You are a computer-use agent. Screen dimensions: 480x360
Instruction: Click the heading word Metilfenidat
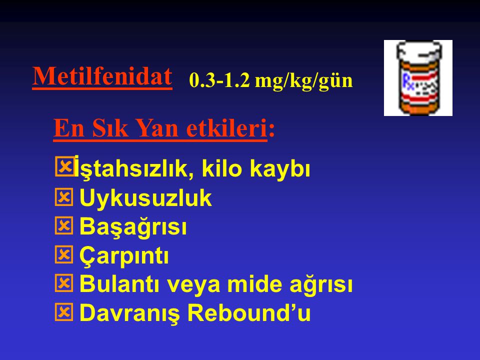[102, 76]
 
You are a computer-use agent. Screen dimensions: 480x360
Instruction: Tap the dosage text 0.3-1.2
[219, 80]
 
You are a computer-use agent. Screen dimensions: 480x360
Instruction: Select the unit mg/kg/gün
[303, 81]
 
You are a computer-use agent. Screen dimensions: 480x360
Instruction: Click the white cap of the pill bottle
[419, 51]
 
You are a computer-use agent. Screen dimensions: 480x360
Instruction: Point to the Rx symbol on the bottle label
[408, 81]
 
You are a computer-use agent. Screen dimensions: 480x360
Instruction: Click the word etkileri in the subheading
[226, 128]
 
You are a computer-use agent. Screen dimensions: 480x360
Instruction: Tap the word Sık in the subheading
[110, 128]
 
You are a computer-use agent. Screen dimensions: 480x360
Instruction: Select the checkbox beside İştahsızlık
[64, 166]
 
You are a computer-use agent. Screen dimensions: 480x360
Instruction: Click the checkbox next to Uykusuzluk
[64, 197]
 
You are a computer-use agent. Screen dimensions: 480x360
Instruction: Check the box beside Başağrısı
[64, 225]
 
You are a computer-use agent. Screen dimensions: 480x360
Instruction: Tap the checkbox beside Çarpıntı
[64, 254]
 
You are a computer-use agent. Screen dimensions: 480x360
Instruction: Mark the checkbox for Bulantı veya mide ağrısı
[64, 283]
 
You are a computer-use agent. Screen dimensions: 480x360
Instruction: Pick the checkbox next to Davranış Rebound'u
[64, 312]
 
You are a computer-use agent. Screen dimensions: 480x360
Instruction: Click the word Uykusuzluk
[145, 198]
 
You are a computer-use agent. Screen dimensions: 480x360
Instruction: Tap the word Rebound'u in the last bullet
[249, 313]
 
